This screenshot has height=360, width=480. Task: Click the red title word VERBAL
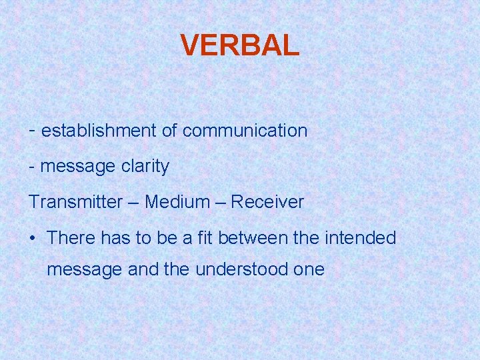(x=240, y=45)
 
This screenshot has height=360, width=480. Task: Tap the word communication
(x=245, y=131)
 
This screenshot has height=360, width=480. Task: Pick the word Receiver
(x=267, y=202)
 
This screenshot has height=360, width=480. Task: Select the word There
(x=72, y=238)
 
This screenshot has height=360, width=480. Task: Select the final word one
(x=309, y=270)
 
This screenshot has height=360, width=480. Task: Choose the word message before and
(x=85, y=270)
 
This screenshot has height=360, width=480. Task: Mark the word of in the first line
(x=169, y=131)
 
